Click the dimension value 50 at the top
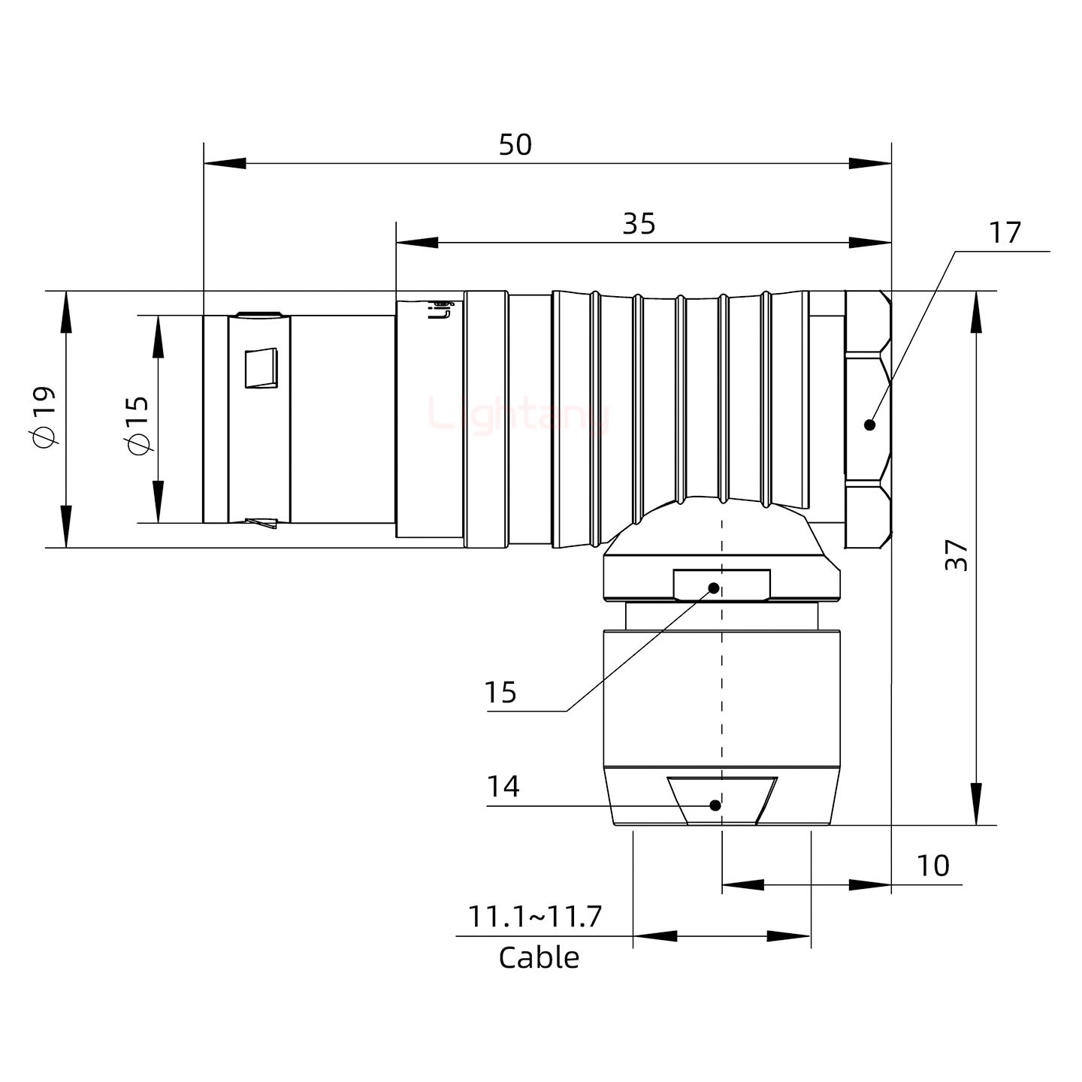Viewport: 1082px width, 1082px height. [x=515, y=144]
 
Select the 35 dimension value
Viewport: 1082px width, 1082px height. [x=639, y=224]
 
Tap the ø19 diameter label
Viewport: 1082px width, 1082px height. [x=43, y=417]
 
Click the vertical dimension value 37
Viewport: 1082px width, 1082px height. [x=956, y=555]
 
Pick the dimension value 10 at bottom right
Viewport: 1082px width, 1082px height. [x=932, y=866]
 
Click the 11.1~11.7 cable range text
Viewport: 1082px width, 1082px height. [x=535, y=917]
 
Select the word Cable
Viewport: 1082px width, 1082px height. [x=539, y=958]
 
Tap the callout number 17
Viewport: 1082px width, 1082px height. [x=1005, y=233]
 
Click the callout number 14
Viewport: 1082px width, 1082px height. [x=503, y=787]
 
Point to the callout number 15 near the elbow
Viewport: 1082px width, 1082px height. [x=500, y=692]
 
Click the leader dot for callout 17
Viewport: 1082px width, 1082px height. [x=870, y=425]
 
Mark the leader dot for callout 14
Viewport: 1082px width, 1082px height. [x=715, y=805]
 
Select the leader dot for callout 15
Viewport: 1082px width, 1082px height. [x=714, y=588]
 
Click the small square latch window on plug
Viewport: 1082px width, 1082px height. [x=261, y=368]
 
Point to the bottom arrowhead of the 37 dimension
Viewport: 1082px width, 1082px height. [x=975, y=805]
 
